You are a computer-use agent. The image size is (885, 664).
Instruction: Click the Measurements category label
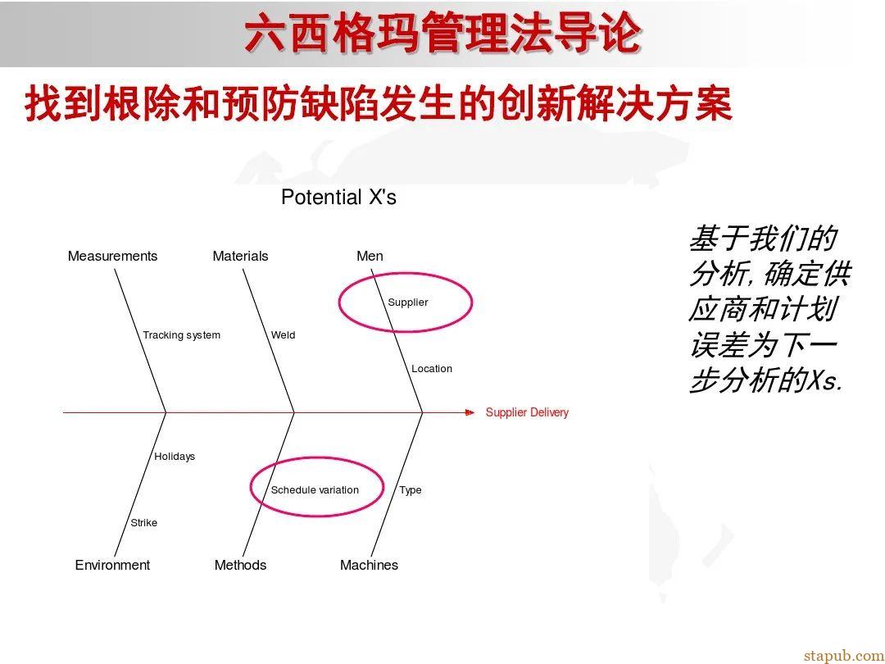(112, 256)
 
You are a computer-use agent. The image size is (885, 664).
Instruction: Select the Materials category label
(240, 256)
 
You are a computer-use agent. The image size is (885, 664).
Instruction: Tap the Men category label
(370, 256)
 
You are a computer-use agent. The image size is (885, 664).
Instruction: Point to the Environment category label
(112, 565)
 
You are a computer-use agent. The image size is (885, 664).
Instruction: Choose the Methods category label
(240, 565)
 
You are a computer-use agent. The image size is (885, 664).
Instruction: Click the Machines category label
(369, 565)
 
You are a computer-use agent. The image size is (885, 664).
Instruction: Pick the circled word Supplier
(408, 302)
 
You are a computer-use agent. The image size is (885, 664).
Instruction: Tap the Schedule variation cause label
(315, 490)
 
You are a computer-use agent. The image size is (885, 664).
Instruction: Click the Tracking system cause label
(181, 335)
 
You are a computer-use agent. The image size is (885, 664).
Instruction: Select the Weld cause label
(283, 335)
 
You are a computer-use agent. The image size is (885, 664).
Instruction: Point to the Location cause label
(432, 369)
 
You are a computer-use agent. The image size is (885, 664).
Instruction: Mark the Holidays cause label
(175, 457)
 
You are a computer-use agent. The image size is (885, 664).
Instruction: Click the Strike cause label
(143, 523)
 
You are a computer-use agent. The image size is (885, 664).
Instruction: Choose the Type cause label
(411, 490)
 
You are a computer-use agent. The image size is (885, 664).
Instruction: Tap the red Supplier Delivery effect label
(527, 412)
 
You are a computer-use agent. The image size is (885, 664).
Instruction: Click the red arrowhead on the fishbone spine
(470, 412)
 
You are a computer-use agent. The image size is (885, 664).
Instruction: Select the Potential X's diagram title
(338, 198)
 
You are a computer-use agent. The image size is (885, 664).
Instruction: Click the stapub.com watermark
(843, 655)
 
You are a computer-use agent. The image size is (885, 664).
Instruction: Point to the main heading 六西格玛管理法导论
(442, 35)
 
